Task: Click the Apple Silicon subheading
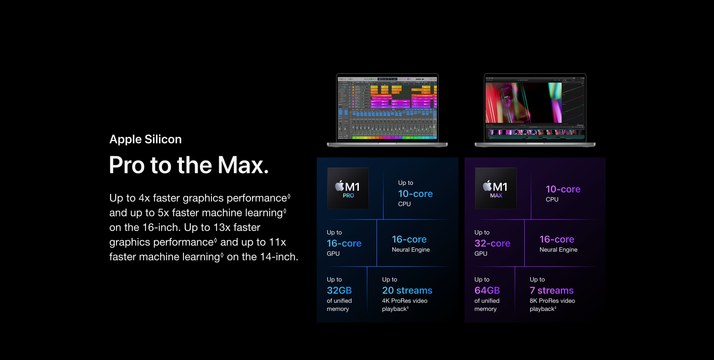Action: click(145, 139)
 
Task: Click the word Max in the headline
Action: click(243, 165)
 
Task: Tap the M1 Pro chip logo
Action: click(348, 188)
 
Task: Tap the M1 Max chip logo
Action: click(496, 188)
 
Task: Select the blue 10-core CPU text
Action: click(416, 194)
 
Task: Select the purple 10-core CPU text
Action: click(563, 189)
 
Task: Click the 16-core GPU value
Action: click(344, 244)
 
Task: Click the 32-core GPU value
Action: click(492, 244)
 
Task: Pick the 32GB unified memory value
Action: click(339, 290)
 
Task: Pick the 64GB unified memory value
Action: click(487, 290)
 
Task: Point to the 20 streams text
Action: click(407, 290)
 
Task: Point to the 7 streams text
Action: click(552, 290)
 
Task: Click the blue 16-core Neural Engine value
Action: click(409, 239)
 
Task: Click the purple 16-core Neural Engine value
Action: click(557, 239)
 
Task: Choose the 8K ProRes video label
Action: click(552, 301)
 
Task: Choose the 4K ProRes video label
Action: click(404, 301)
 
